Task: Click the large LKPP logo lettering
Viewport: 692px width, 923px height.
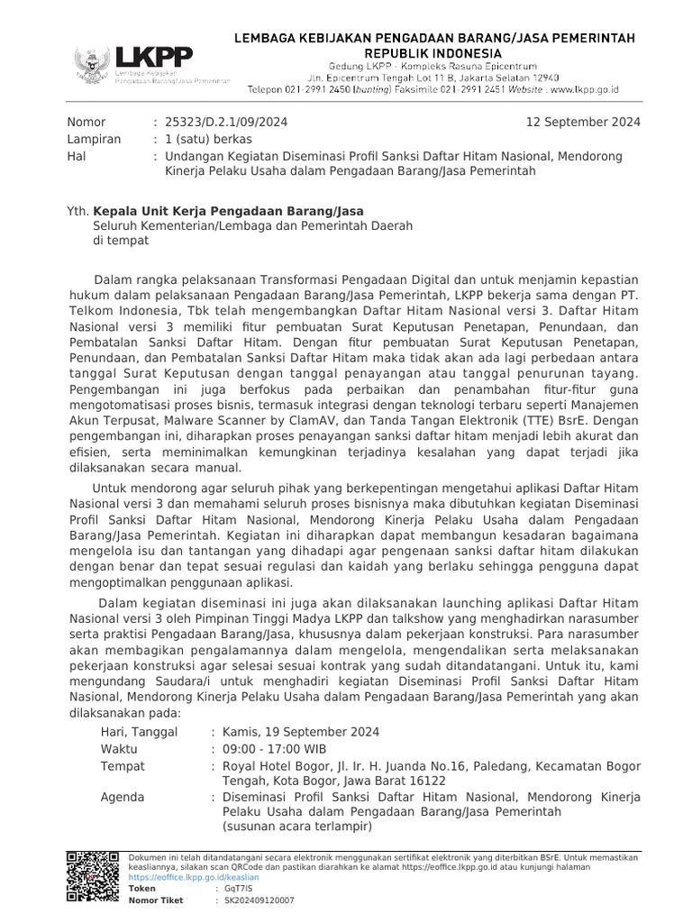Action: pos(153,57)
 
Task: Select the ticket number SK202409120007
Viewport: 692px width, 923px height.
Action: pos(259,900)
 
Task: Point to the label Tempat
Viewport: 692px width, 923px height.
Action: pos(123,766)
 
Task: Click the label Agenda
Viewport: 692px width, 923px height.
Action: pos(123,798)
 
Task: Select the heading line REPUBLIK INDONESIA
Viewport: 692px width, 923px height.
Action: pos(435,53)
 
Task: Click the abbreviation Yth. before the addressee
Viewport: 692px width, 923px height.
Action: pos(79,210)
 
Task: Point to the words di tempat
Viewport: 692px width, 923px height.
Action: pos(121,241)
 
